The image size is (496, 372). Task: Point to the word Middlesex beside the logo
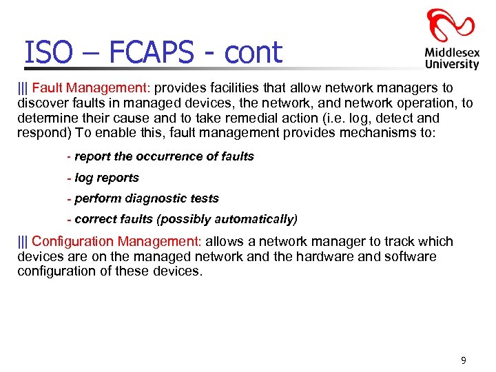tap(452, 52)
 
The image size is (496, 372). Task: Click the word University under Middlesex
tap(452, 64)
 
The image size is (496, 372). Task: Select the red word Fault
tap(46, 88)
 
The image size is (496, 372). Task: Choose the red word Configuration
tap(73, 242)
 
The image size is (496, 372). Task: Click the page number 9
tap(463, 360)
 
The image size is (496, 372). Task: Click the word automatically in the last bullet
tap(254, 220)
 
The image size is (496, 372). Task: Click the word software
tap(412, 256)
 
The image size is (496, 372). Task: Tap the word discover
tap(40, 103)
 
